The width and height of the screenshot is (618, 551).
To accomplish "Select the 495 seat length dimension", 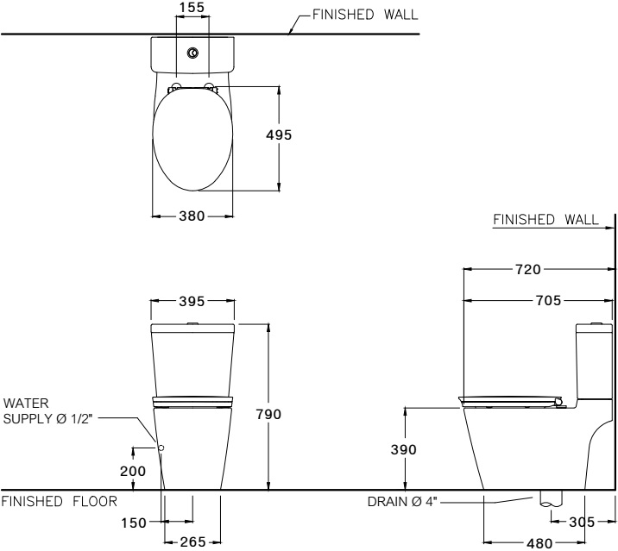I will click(279, 135).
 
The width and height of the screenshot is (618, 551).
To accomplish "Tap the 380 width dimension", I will click(191, 216).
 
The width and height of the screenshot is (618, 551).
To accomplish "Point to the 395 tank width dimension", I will click(192, 302).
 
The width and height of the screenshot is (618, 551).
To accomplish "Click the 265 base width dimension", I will click(192, 542).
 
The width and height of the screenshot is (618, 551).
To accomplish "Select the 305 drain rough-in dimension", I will click(582, 521).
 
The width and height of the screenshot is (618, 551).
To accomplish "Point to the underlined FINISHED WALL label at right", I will click(545, 220).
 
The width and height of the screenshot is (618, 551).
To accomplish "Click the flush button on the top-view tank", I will click(192, 53).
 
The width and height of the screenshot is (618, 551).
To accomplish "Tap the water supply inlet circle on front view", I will click(161, 447).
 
